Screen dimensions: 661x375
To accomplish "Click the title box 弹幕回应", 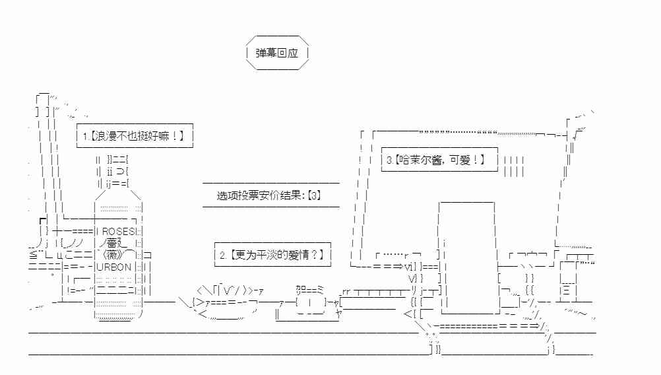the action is pos(277,53).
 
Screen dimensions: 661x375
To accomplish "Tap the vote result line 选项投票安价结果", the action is pos(259,195).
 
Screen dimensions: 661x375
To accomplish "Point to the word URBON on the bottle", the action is pos(114,267).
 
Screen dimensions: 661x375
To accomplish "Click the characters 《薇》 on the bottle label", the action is pos(113,256).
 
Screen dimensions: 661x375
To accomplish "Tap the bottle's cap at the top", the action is pos(113,172).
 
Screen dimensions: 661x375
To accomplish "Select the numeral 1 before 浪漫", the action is pos(85,136).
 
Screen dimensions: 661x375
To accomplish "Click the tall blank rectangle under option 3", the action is pos(466,257).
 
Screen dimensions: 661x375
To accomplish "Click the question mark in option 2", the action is pos(314,255).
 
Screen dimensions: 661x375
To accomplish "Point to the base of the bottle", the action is pos(118,315).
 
